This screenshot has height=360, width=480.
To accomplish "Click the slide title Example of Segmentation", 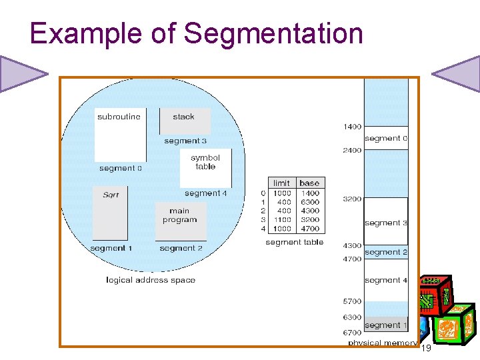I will pyautogui.click(x=196, y=33).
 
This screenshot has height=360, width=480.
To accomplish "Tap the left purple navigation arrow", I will pyautogui.click(x=20, y=73).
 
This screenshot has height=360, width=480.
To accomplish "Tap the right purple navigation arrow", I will pyautogui.click(x=459, y=73).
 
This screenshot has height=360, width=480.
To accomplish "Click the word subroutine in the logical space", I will pyautogui.click(x=119, y=117).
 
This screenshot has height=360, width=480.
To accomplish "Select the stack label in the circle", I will pyautogui.click(x=183, y=117).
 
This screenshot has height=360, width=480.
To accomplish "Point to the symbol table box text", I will pyautogui.click(x=205, y=162).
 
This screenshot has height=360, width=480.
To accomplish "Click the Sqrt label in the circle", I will pyautogui.click(x=111, y=195).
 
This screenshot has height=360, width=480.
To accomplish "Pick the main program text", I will pyautogui.click(x=179, y=215).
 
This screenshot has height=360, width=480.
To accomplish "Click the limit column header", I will pyautogui.click(x=282, y=183).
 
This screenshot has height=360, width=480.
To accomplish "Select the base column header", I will pyautogui.click(x=309, y=183).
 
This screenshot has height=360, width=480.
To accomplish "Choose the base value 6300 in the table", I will pyautogui.click(x=309, y=202).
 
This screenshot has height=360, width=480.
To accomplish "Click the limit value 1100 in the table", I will pyautogui.click(x=282, y=219).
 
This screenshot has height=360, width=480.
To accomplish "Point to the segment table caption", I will pyautogui.click(x=294, y=242).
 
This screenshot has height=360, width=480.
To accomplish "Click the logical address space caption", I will pyautogui.click(x=151, y=280).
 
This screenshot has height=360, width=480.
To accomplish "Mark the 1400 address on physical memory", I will pyautogui.click(x=352, y=127).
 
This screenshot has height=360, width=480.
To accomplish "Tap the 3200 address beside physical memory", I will pyautogui.click(x=352, y=199).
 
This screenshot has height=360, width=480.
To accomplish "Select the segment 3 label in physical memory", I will pyautogui.click(x=386, y=223).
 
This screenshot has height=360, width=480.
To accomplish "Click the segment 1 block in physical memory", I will pyautogui.click(x=386, y=325).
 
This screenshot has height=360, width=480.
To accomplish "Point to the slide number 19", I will pyautogui.click(x=427, y=348).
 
